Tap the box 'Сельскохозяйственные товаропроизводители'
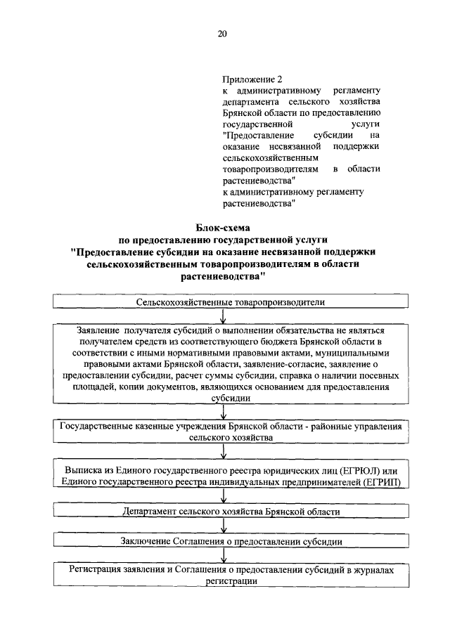[231, 302]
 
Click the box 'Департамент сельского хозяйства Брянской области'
[231, 512]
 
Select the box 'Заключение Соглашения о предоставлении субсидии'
[231, 542]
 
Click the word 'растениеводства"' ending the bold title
[222, 277]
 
